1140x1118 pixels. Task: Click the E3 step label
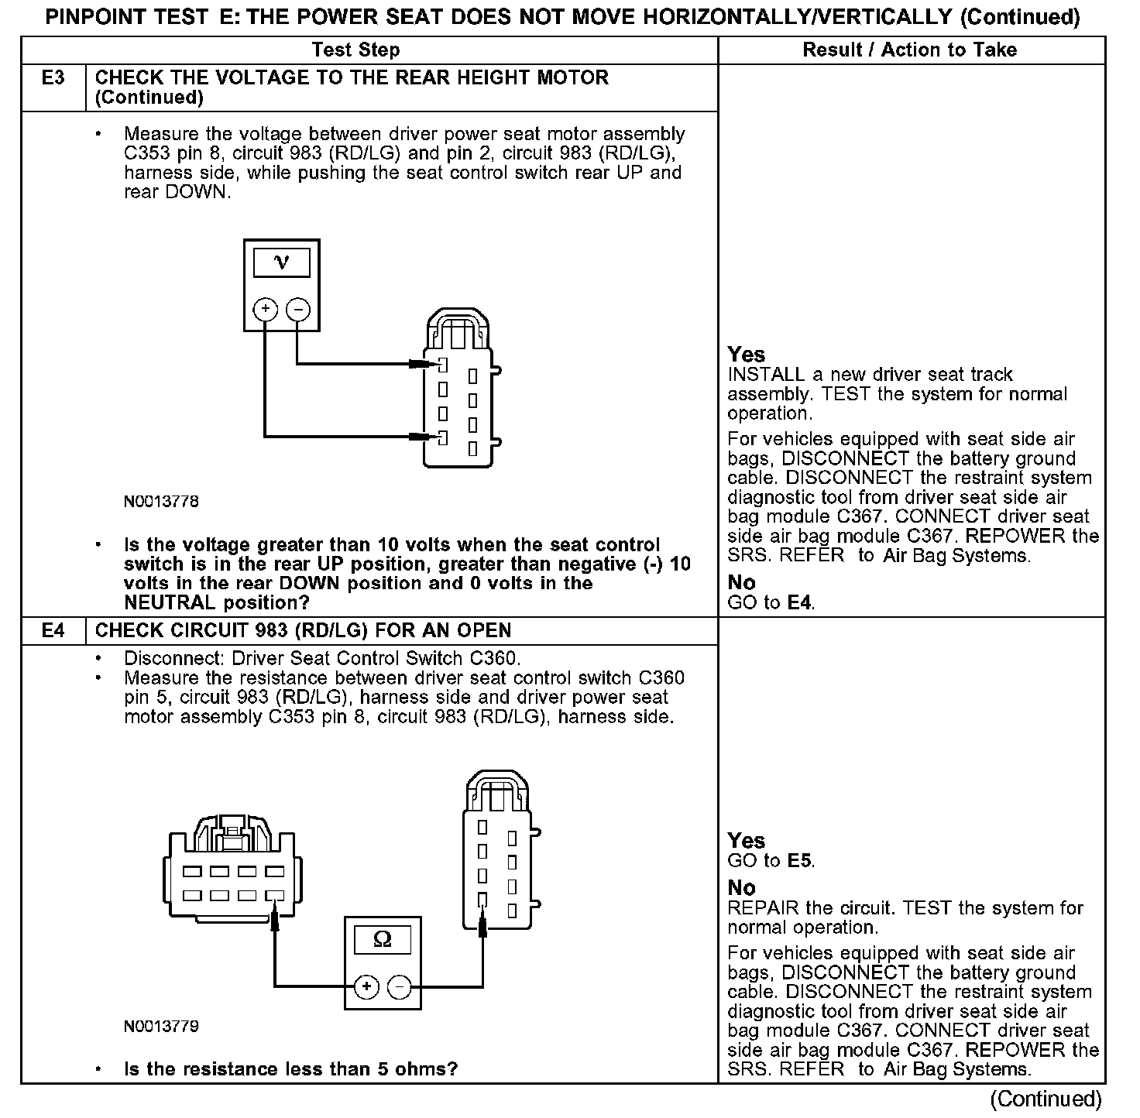[x=53, y=78]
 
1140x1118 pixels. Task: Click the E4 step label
[x=53, y=631]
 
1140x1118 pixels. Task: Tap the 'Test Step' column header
[x=355, y=50]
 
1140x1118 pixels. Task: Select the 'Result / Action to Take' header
[x=909, y=50]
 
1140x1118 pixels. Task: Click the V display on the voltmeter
[x=281, y=262]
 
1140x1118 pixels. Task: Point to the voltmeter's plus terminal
[x=266, y=310]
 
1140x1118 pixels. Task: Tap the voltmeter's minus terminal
[x=298, y=310]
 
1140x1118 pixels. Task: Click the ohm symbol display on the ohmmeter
[x=383, y=939]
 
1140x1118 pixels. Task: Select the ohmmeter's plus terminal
[x=366, y=986]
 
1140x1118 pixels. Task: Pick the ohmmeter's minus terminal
[x=399, y=986]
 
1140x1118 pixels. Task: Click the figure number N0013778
[x=161, y=502]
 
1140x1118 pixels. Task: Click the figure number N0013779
[x=161, y=1027]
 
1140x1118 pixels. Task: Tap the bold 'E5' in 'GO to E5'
[x=800, y=861]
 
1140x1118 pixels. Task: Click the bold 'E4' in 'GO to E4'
[x=800, y=602]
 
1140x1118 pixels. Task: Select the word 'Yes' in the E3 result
[x=746, y=355]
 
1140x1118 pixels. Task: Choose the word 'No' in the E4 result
[x=741, y=887]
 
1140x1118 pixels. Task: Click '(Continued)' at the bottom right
[x=1045, y=1099]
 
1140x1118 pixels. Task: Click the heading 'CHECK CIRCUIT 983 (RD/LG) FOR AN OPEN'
[x=303, y=631]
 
